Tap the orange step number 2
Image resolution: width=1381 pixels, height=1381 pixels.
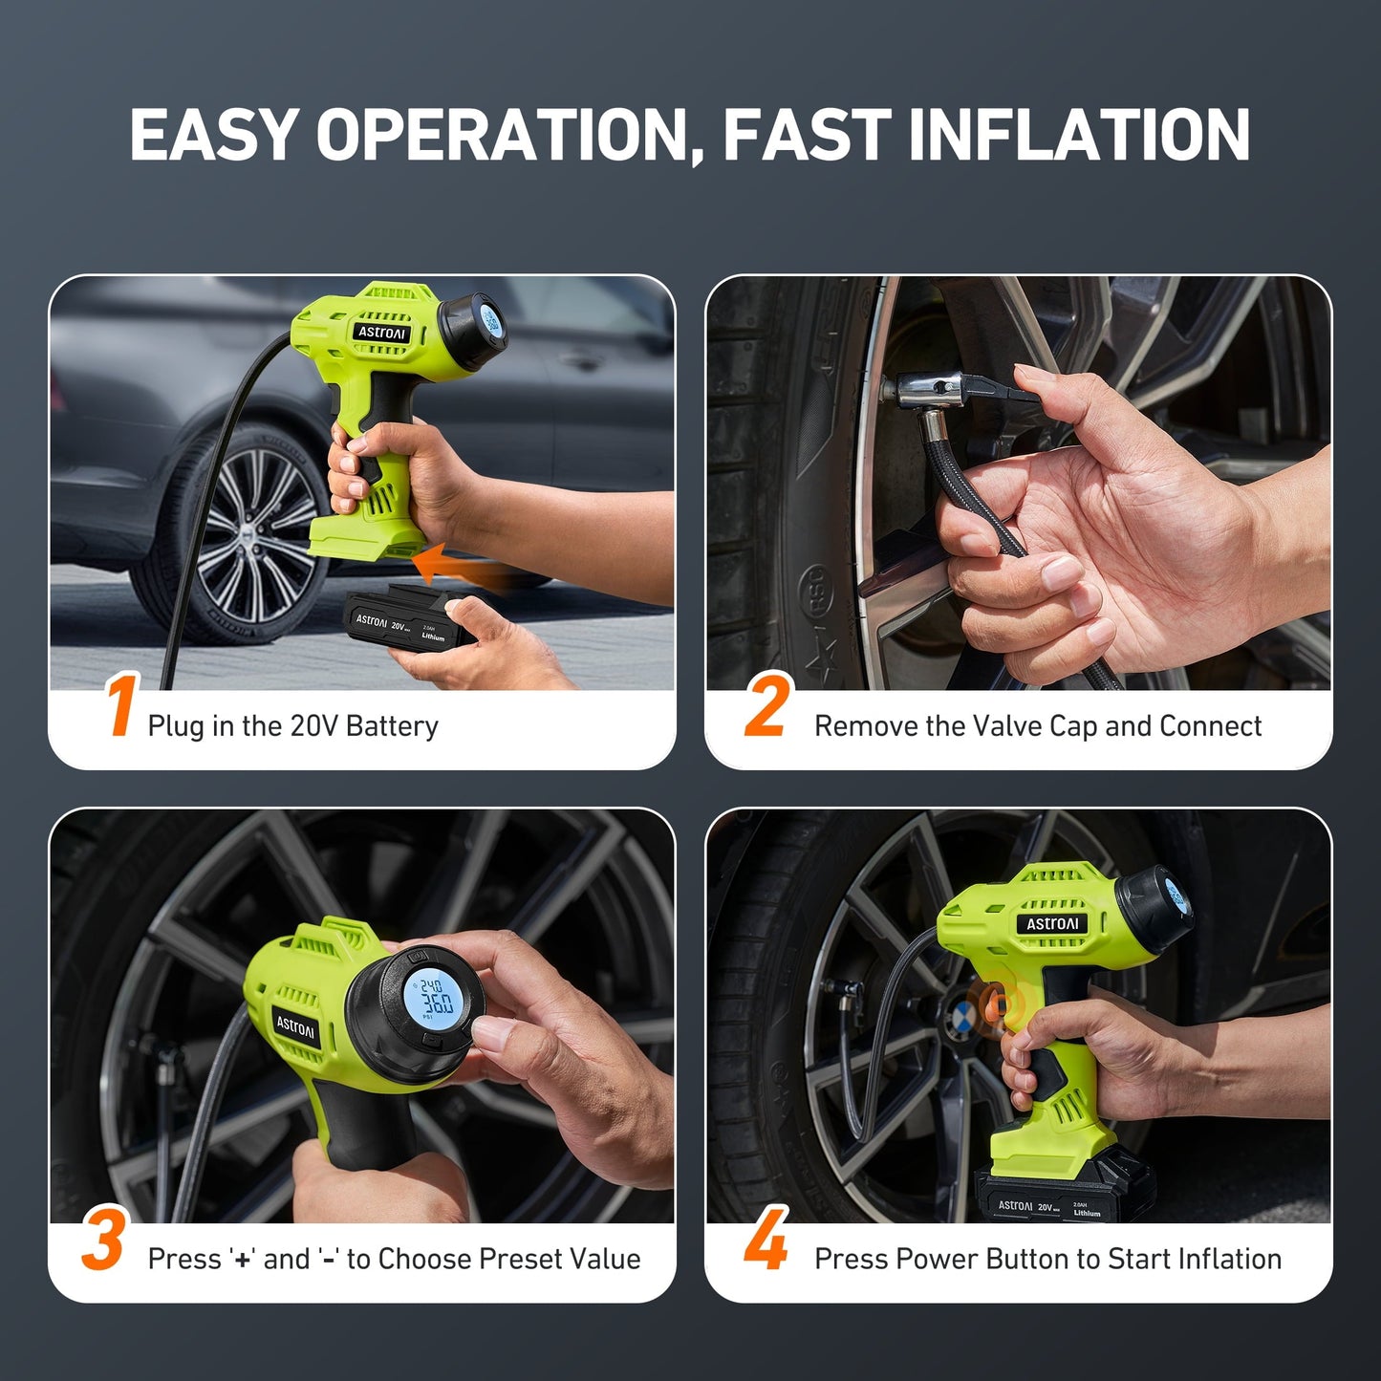767,707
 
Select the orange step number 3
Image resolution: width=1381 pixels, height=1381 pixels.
103,1240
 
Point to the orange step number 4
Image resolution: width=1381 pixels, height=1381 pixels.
766,1240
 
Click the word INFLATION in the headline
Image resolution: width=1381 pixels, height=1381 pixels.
1079,135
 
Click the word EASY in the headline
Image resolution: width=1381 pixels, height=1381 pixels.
213,135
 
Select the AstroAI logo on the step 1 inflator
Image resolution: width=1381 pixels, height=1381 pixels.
382,333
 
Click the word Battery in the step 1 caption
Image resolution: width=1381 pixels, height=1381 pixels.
392,726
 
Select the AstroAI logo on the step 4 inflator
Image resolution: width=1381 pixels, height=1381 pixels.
1052,924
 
